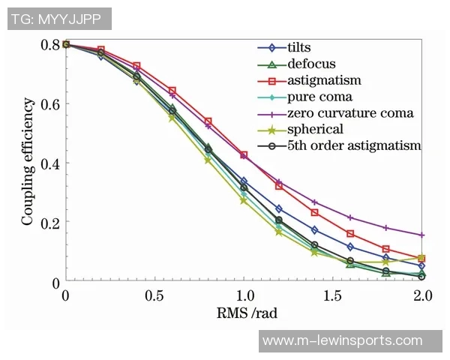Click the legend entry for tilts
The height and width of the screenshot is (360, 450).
[301, 47]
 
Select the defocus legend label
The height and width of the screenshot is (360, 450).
[310, 64]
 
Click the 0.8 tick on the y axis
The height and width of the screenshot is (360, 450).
[49, 44]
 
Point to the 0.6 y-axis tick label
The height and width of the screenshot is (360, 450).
[49, 103]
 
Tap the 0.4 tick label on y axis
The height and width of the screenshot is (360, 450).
[49, 163]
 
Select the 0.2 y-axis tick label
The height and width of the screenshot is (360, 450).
[49, 222]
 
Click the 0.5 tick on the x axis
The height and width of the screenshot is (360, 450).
[154, 295]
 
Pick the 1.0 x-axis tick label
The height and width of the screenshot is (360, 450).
[244, 295]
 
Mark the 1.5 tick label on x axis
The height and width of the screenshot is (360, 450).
[333, 295]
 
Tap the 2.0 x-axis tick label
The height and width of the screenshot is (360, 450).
[421, 295]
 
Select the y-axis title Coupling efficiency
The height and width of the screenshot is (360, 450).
[28, 163]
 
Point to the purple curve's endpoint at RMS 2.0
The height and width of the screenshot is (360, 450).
[421, 235]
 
